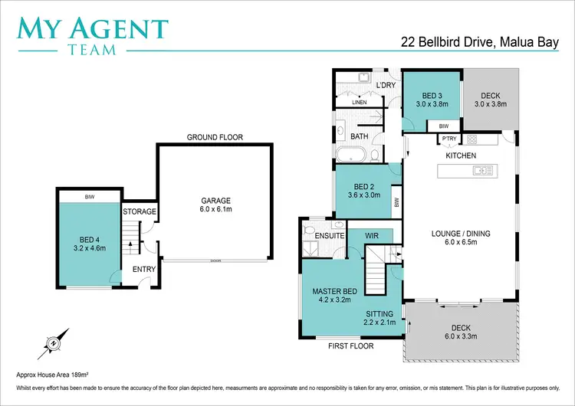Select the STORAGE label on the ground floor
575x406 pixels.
pyautogui.click(x=140, y=211)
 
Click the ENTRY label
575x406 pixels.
pyautogui.click(x=144, y=269)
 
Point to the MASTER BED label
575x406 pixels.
pyautogui.click(x=335, y=291)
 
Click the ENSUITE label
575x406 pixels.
pyautogui.click(x=330, y=236)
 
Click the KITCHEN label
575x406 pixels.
pyautogui.click(x=461, y=156)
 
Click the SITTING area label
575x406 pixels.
pyautogui.click(x=379, y=314)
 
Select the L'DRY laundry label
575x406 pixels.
pyautogui.click(x=385, y=84)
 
